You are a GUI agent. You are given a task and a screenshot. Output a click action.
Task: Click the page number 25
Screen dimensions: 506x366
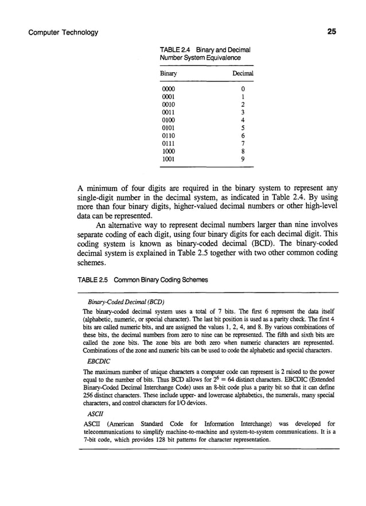(x=331, y=32)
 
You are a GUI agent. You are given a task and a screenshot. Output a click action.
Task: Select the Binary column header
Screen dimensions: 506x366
(x=169, y=74)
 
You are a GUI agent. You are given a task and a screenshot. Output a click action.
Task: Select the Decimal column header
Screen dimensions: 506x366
(x=242, y=74)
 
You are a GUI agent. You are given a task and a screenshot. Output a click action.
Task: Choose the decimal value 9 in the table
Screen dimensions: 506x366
(x=244, y=159)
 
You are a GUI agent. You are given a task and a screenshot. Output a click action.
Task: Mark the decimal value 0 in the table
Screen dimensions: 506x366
(x=244, y=89)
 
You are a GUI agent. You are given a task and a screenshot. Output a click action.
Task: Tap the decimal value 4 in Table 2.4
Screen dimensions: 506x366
(x=244, y=120)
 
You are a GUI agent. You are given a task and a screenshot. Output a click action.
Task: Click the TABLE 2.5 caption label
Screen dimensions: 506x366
(x=92, y=280)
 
